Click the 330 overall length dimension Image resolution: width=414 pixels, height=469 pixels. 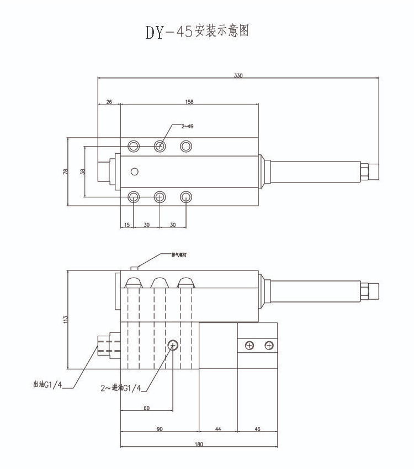(x=238, y=75)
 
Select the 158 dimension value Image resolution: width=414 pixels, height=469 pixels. (x=190, y=102)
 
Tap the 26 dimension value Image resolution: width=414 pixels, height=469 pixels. (x=108, y=102)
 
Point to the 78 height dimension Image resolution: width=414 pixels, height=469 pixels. (x=65, y=171)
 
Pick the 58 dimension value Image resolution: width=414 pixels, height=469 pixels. (x=82, y=171)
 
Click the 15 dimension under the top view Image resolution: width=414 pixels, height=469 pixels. (x=127, y=225)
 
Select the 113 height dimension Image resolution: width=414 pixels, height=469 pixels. (x=65, y=319)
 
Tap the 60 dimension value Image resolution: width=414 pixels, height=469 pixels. (x=146, y=408)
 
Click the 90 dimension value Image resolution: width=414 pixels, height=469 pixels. (x=159, y=429)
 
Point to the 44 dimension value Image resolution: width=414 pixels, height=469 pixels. (x=217, y=429)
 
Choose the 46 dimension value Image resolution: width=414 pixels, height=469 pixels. (x=257, y=429)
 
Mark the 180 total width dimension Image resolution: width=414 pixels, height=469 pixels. (x=199, y=444)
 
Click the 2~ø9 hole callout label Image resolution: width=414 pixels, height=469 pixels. (x=188, y=126)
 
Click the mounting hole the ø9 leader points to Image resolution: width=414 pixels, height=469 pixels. (x=160, y=146)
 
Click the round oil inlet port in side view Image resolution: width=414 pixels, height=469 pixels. (x=173, y=345)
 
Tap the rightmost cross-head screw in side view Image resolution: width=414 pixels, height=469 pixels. (x=269, y=346)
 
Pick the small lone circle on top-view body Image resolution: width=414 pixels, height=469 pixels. (x=134, y=171)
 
